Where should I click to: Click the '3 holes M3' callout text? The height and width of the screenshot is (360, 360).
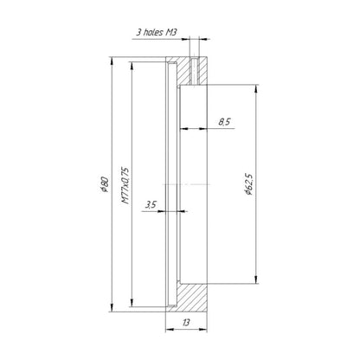tap(156, 32)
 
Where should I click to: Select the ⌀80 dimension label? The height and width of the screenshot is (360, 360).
tap(104, 184)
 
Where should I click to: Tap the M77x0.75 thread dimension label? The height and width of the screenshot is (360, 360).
tap(125, 185)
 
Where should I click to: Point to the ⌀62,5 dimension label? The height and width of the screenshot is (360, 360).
tap(248, 184)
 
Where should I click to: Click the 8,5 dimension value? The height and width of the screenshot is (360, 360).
tap(224, 122)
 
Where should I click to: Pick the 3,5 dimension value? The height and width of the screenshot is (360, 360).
tap(151, 205)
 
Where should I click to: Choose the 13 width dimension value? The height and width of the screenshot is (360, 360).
tap(186, 322)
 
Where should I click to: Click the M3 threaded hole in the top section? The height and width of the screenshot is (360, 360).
tap(194, 71)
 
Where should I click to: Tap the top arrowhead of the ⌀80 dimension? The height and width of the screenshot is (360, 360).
tap(112, 61)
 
